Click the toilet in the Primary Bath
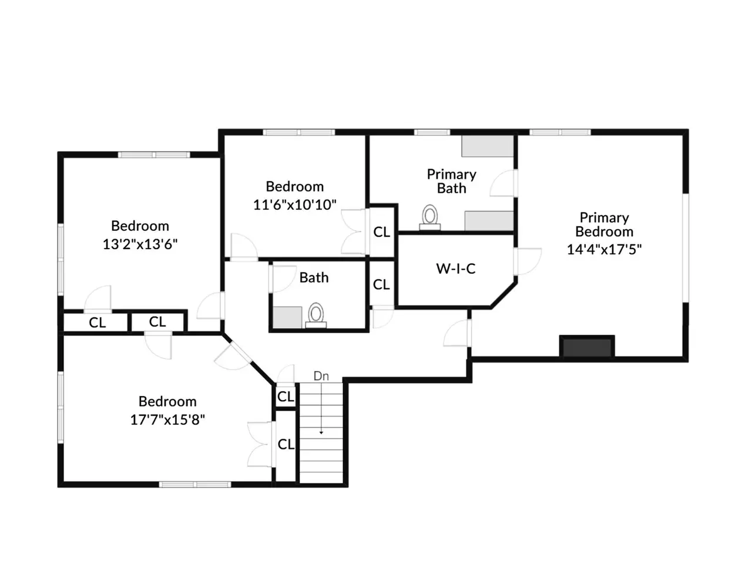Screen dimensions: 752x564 (429, 217)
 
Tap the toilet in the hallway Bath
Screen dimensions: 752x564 (315, 315)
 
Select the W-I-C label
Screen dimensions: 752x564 (455, 269)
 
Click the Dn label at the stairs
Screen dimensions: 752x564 (321, 376)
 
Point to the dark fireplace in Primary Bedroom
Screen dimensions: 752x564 (587, 347)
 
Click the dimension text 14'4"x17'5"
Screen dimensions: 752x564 (604, 249)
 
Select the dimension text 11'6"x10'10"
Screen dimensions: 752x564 (295, 204)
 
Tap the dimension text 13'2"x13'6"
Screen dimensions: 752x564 (140, 244)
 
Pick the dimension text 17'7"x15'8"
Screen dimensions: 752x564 (167, 419)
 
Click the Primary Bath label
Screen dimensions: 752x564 (451, 181)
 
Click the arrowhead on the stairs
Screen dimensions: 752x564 (321, 432)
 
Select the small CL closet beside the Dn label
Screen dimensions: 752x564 (286, 396)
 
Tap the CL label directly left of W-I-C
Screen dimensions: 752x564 (381, 284)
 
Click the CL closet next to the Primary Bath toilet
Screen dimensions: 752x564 (382, 232)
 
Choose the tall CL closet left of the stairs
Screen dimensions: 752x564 (286, 445)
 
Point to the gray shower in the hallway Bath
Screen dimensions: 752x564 (287, 317)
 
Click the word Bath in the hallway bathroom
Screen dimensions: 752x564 (314, 277)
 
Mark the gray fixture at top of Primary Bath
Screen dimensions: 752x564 (487, 146)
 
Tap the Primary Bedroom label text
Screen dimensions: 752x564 (604, 224)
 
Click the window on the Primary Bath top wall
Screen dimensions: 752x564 (432, 132)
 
